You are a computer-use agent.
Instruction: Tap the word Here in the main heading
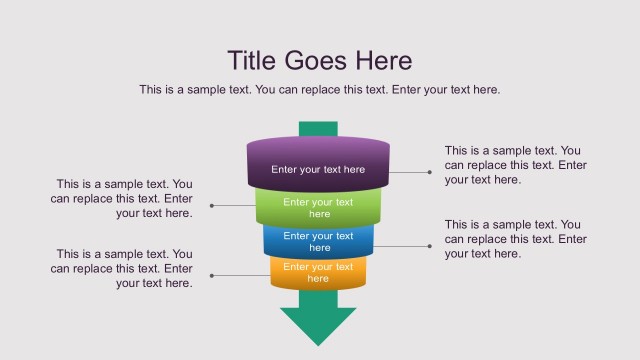pyautogui.click(x=381, y=60)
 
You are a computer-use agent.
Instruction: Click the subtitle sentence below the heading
pyautogui.click(x=319, y=90)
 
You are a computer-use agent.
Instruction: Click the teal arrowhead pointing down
pyautogui.click(x=318, y=324)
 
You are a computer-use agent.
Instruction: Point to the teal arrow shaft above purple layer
pyautogui.click(x=318, y=129)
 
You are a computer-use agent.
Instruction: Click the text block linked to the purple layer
pyautogui.click(x=516, y=165)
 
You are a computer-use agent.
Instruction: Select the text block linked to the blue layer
pyautogui.click(x=516, y=239)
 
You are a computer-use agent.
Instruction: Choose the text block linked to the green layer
pyautogui.click(x=121, y=198)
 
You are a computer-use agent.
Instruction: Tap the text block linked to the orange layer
pyautogui.click(x=121, y=269)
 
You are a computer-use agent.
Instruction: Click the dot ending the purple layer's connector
pyautogui.click(x=430, y=172)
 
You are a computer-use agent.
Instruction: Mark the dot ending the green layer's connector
pyautogui.click(x=211, y=206)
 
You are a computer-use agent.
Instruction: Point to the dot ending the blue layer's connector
pyautogui.click(x=430, y=245)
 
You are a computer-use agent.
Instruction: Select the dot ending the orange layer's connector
pyautogui.click(x=211, y=275)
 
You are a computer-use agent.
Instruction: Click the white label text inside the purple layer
pyautogui.click(x=318, y=170)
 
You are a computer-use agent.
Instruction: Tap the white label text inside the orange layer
pyautogui.click(x=318, y=273)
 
